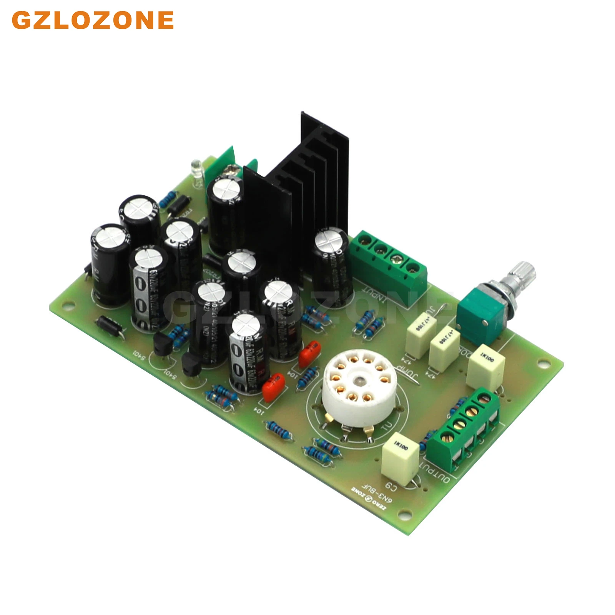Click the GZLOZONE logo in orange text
tap(93, 20)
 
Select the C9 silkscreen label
tap(390, 486)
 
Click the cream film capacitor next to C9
tap(400, 457)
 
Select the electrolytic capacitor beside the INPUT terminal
tap(331, 265)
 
